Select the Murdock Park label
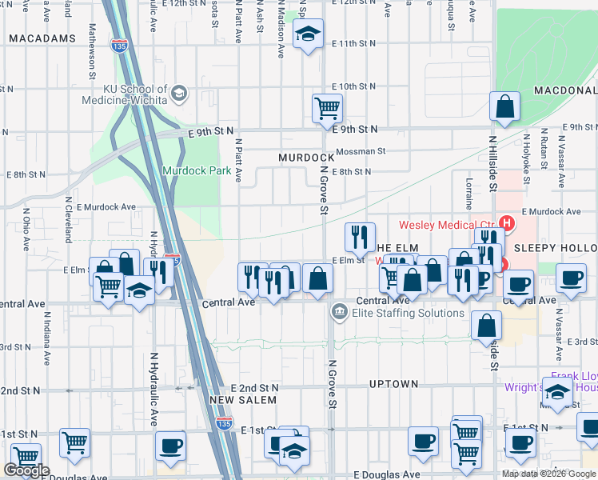point(197,170)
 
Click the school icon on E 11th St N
point(307,34)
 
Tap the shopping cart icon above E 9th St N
point(326,106)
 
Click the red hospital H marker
point(505,222)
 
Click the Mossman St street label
point(361,150)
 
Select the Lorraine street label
point(469,192)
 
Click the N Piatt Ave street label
point(238,158)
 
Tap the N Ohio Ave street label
point(26,227)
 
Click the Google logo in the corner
point(26,470)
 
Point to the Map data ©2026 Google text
point(548,474)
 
